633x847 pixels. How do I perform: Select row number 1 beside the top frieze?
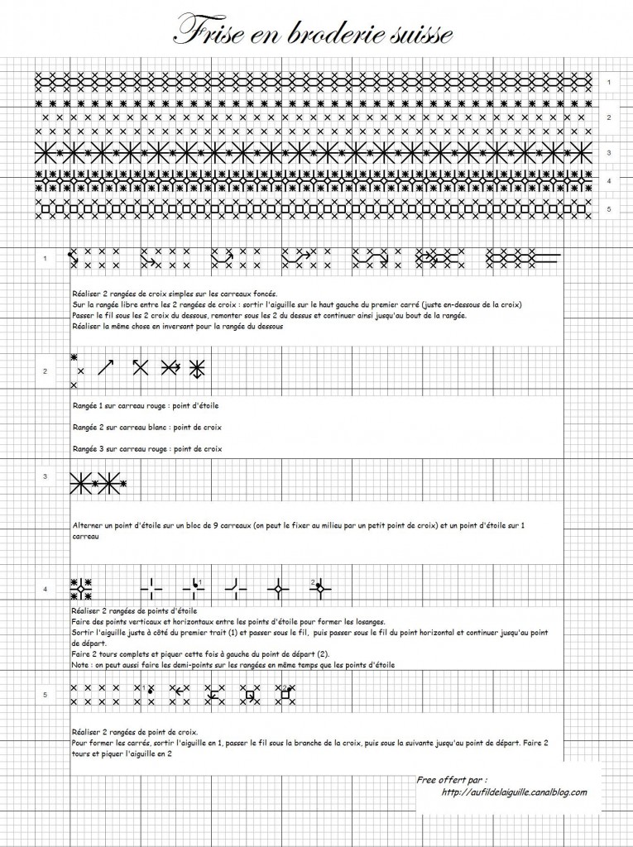(x=608, y=82)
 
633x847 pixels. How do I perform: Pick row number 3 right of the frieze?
(x=608, y=153)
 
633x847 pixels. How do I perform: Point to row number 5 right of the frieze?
(x=608, y=209)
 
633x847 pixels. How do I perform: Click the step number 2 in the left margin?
(x=45, y=371)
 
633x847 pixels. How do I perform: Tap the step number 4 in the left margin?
(x=45, y=589)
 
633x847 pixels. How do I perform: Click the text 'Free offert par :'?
(x=452, y=780)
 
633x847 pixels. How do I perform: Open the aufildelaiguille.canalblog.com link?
(x=514, y=792)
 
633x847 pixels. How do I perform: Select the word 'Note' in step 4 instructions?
(x=81, y=664)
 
